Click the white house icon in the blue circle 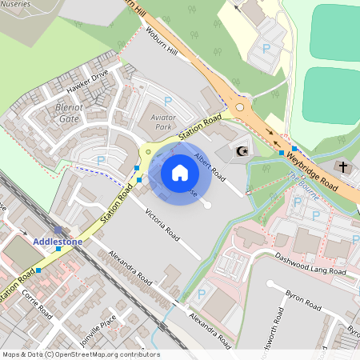pyautogui.click(x=180, y=172)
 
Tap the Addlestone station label pyautogui.click(x=58, y=241)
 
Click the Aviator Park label pyautogui.click(x=162, y=122)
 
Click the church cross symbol pyautogui.click(x=343, y=167)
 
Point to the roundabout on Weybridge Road pyautogui.click(x=240, y=106)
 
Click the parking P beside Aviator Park pyautogui.click(x=168, y=101)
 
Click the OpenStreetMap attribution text pyautogui.click(x=80, y=354)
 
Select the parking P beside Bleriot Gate pyautogui.click(x=102, y=160)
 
